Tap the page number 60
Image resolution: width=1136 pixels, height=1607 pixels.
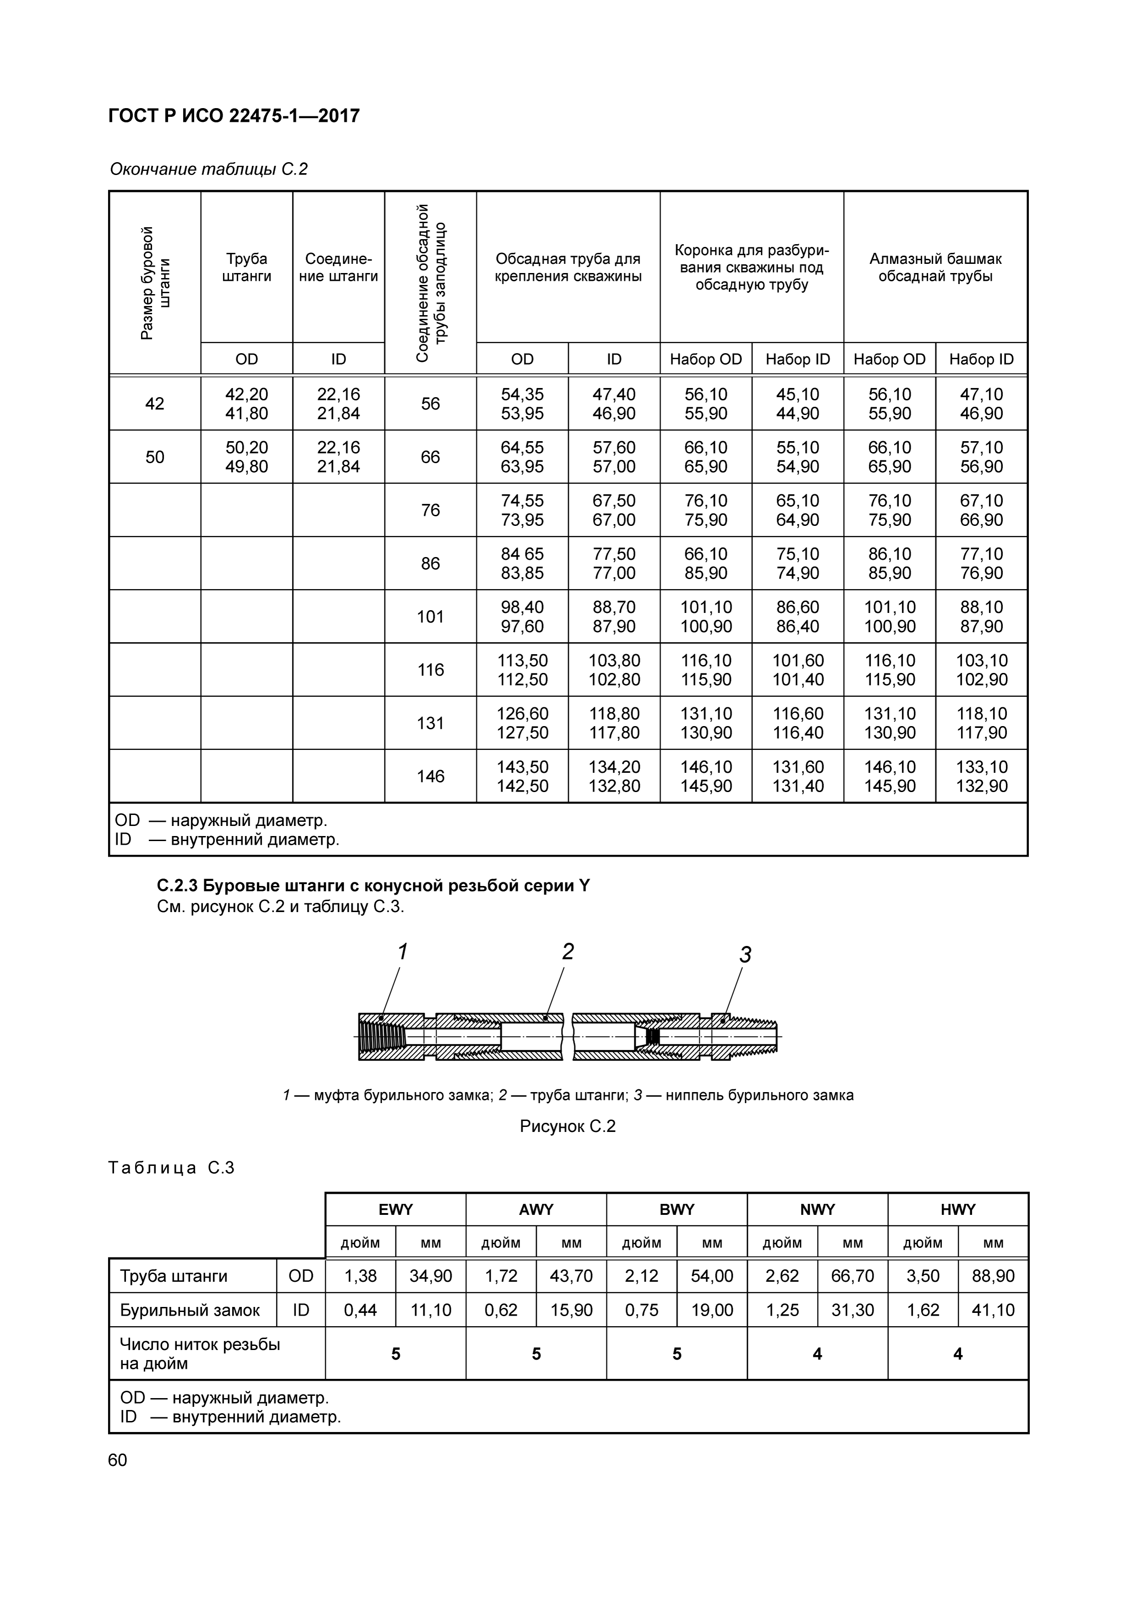[x=118, y=1460]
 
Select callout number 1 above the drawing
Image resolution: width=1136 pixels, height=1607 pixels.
[x=403, y=952]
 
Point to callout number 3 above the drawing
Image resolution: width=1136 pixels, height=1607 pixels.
[x=745, y=955]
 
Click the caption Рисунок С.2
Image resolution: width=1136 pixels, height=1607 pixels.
[x=568, y=1126]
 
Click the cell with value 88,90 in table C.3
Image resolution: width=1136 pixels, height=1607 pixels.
[x=993, y=1276]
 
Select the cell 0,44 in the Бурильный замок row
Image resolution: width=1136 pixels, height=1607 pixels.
[x=360, y=1310]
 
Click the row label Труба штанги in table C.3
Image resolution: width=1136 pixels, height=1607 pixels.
[x=174, y=1276]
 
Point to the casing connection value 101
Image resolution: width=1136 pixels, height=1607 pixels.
[x=431, y=617]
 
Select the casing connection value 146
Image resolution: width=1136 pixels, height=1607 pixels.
[x=431, y=776]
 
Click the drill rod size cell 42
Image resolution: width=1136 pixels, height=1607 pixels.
[x=155, y=404]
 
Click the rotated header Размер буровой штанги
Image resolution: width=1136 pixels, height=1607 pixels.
[x=155, y=283]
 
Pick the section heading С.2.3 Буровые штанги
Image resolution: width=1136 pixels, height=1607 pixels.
[x=373, y=886]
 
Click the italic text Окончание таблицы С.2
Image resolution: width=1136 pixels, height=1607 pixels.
[x=208, y=169]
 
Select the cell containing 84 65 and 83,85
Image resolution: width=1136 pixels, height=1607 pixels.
[x=522, y=563]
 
